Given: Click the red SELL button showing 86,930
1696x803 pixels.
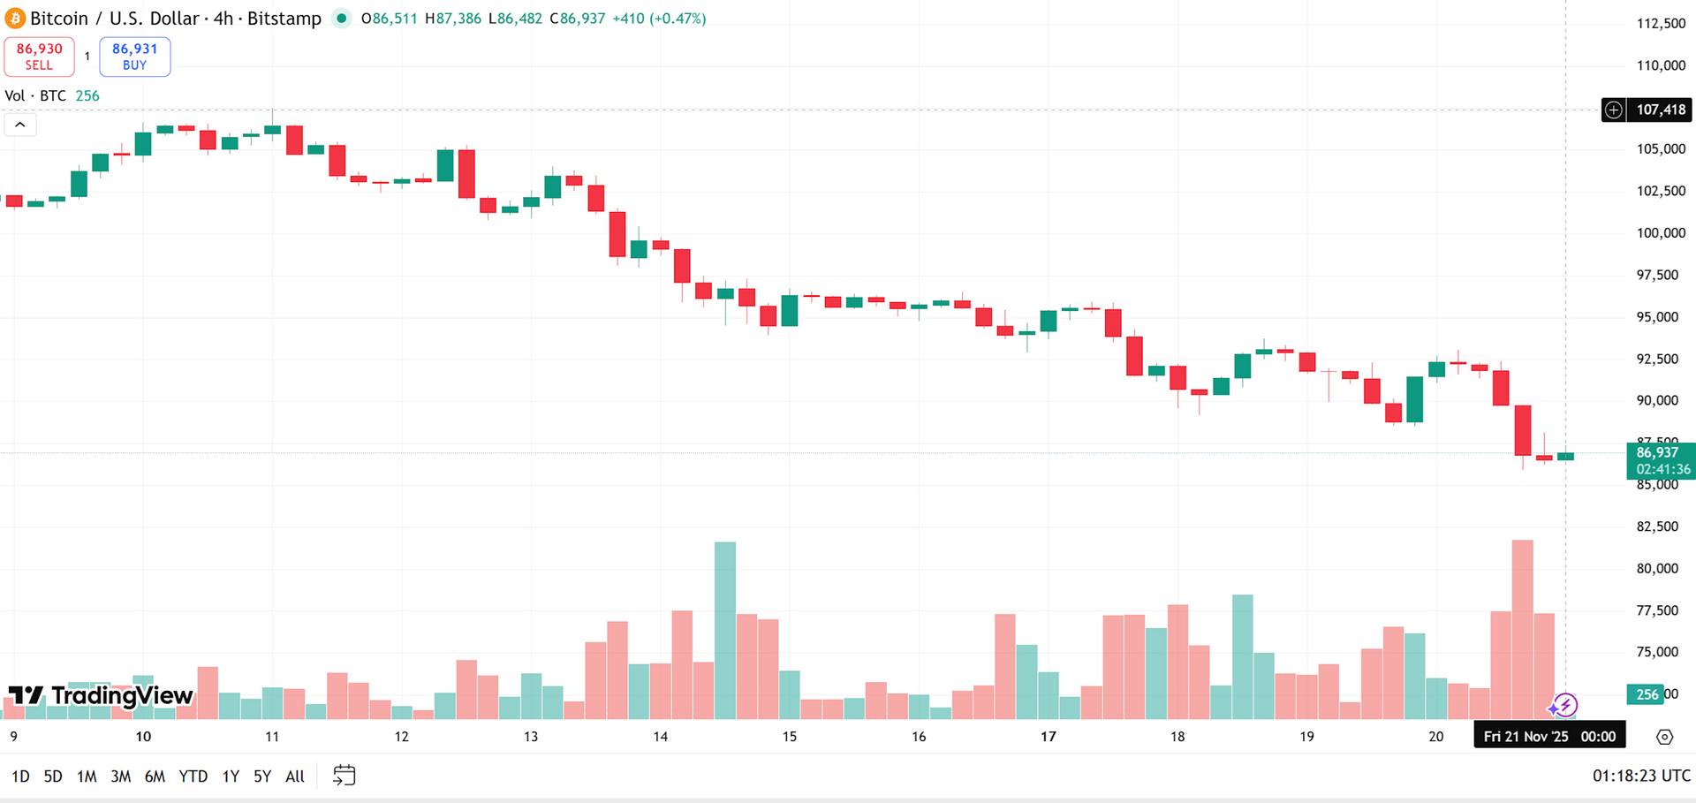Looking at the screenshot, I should (x=39, y=57).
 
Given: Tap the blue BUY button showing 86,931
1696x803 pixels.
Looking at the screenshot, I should (x=134, y=57).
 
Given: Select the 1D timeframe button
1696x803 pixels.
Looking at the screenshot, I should (x=20, y=776).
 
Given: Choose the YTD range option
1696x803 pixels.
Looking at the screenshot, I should (x=193, y=776).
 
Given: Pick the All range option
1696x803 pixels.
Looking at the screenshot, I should (x=295, y=776).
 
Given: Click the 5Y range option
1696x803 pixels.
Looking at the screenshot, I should (x=262, y=776).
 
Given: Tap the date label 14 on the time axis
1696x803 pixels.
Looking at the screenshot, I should (x=660, y=737).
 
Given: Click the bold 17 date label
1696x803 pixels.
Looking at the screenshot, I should (x=1048, y=737).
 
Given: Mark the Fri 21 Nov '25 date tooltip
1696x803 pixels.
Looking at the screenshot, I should (x=1548, y=736).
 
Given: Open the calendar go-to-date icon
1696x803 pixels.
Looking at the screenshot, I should (x=344, y=776).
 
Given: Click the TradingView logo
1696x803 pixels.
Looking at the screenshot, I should (x=101, y=696).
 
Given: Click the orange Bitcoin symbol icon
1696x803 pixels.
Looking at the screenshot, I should (x=15, y=19).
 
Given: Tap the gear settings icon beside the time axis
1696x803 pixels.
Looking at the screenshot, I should (x=1664, y=737).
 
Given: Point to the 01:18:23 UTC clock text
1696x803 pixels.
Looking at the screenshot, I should (x=1641, y=776).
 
